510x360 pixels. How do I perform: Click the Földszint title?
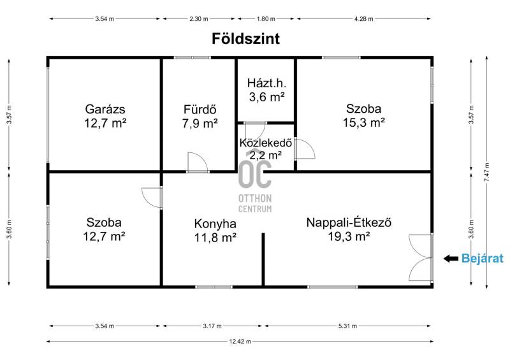point(245,39)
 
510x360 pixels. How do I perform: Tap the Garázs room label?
point(105,109)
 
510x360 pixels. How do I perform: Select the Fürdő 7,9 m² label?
point(200,117)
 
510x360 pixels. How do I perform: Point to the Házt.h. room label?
point(266,83)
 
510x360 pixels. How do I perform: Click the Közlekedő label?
point(266,143)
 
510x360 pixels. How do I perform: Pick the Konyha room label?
point(215,224)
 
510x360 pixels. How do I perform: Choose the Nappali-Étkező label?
point(349,223)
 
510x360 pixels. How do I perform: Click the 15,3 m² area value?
point(363,122)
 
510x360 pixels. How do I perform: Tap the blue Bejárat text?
point(483,259)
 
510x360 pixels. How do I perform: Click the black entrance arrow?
point(451,259)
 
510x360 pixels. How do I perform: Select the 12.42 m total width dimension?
point(240,342)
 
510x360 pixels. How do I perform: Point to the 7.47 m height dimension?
point(486,173)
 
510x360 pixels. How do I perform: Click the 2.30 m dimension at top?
point(199,19)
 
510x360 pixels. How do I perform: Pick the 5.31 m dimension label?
point(347,326)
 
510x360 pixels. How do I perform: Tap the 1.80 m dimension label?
point(266,19)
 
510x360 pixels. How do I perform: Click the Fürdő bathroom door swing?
point(198,162)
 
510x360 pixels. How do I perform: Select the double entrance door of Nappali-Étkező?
point(421,257)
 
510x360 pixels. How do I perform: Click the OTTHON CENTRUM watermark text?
point(255,203)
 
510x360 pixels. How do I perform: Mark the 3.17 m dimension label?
point(212,326)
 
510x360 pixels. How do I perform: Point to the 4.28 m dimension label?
point(363,19)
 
